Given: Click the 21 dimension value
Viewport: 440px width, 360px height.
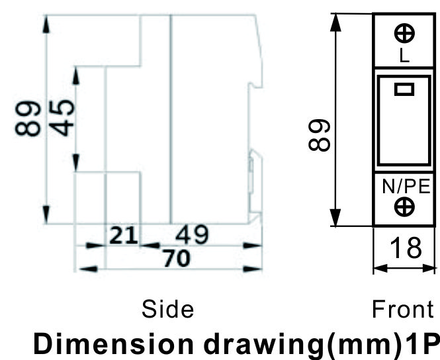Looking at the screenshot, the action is click(x=124, y=236).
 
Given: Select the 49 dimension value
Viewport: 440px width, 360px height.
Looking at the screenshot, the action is click(x=193, y=234).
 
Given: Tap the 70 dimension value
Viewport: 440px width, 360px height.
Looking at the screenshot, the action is click(x=177, y=258).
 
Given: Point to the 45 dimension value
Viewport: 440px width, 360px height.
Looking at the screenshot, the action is click(x=62, y=118).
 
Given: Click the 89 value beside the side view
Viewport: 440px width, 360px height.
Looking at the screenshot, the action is click(x=28, y=118).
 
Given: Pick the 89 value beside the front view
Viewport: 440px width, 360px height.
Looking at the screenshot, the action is click(x=319, y=135).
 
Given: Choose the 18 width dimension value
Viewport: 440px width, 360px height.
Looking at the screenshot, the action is click(x=406, y=247).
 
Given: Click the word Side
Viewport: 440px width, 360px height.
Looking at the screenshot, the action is click(x=167, y=309).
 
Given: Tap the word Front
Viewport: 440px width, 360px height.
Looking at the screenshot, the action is click(x=403, y=309).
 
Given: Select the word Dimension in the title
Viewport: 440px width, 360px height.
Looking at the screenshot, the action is click(x=113, y=344).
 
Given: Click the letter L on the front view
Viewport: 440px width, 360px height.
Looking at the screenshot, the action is click(x=404, y=56).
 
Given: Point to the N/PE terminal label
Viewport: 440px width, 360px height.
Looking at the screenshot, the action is click(x=406, y=187).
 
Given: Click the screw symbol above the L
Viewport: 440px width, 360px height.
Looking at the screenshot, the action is click(x=404, y=33).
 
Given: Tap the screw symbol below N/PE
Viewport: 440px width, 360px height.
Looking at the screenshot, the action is click(x=404, y=207).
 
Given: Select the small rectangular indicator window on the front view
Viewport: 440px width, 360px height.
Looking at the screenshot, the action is click(x=404, y=89).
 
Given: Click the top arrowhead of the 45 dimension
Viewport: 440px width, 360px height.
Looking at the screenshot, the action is click(x=76, y=75).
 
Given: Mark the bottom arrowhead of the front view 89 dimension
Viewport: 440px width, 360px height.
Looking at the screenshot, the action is click(x=335, y=217).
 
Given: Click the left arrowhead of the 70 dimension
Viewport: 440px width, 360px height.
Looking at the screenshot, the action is click(x=89, y=269).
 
